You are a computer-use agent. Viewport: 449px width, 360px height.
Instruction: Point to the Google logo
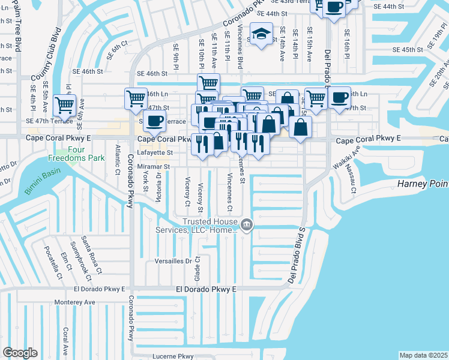20,353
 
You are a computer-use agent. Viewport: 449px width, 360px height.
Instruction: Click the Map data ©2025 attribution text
423,355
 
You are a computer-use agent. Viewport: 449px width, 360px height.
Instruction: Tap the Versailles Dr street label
172,262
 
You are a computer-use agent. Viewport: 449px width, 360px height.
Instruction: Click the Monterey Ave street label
74,302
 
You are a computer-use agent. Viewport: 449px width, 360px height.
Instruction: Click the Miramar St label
155,166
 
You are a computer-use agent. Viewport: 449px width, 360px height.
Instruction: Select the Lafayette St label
157,153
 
